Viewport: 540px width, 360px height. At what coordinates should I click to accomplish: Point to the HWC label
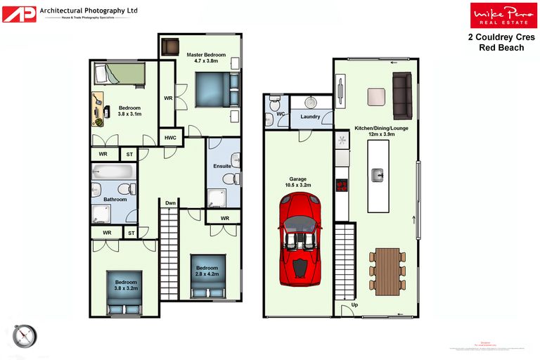[x=170, y=138]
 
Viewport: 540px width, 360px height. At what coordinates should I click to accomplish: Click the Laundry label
[x=310, y=117]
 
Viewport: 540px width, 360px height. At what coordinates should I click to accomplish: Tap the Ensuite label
[x=222, y=166]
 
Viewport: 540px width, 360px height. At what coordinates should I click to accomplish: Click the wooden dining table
[x=387, y=271]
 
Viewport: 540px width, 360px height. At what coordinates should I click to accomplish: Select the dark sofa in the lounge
[x=401, y=96]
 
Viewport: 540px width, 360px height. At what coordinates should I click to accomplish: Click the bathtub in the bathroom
[x=112, y=171]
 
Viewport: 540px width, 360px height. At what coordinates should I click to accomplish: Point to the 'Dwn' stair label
[x=170, y=203]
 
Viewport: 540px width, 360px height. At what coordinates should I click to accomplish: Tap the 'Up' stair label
[x=354, y=305]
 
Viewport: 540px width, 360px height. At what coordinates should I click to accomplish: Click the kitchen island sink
[x=377, y=174]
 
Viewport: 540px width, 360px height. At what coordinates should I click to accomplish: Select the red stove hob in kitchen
[x=342, y=186]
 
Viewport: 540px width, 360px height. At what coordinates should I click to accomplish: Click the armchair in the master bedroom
[x=171, y=46]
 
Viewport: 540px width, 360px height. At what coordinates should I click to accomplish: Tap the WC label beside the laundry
[x=279, y=113]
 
